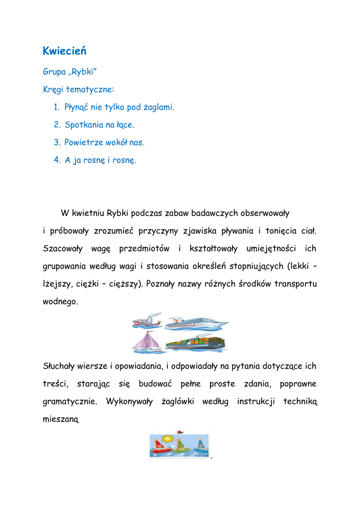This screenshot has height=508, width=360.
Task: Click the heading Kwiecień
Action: pos(65,51)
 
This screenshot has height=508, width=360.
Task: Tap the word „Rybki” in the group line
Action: pos(82,72)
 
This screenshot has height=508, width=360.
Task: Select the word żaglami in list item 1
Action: pos(158,107)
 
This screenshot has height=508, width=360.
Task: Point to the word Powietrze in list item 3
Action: pos(83,143)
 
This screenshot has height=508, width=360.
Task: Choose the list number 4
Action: pos(56,161)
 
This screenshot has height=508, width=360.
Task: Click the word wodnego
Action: pos(61,302)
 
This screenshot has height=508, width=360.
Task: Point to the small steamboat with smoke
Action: pos(147,321)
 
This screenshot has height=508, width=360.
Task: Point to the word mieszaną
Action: pos(61,420)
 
